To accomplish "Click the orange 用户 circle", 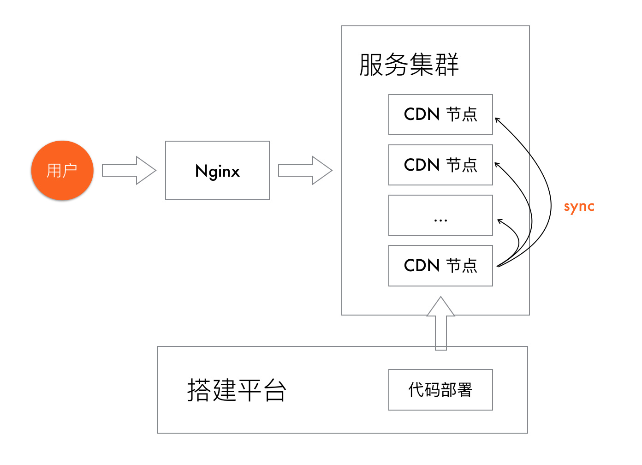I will (x=62, y=170).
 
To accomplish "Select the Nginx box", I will (x=217, y=170).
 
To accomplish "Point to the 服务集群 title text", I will (x=409, y=65).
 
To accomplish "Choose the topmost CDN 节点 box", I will (x=440, y=114).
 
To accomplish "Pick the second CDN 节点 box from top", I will (x=440, y=165).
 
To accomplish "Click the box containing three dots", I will (x=440, y=215).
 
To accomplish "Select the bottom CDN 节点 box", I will (x=440, y=266).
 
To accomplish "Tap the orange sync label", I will (x=579, y=207).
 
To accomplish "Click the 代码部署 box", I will (x=440, y=390).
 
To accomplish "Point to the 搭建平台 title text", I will (x=237, y=390).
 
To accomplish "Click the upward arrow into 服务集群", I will (x=441, y=323).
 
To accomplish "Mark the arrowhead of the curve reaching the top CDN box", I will (x=497, y=119).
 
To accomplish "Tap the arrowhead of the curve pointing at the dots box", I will (x=499, y=221).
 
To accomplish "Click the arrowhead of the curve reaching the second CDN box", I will (x=497, y=164).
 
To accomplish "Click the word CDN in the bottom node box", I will (x=422, y=266).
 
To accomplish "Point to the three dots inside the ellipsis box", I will (x=440, y=221).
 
